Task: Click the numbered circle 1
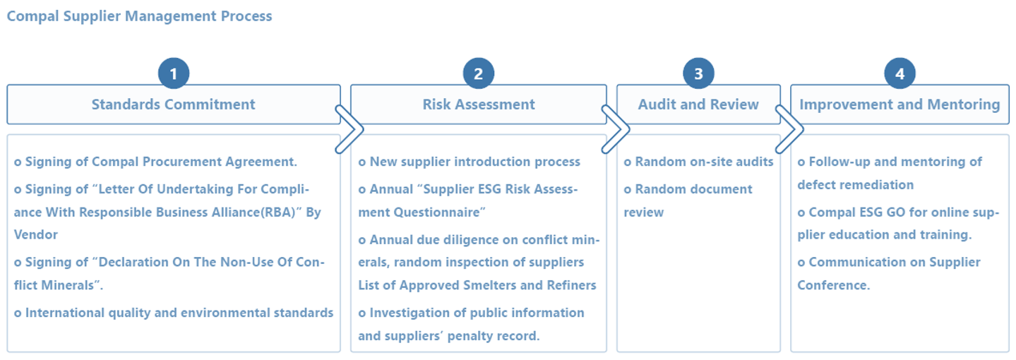(x=173, y=73)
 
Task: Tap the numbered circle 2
(x=478, y=73)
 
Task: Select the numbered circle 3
(x=698, y=73)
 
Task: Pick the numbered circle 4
(x=900, y=73)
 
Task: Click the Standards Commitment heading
(x=173, y=104)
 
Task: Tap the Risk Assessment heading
(x=479, y=104)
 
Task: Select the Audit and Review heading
(x=698, y=104)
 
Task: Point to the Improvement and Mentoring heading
(x=900, y=104)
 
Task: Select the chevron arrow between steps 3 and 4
(x=802, y=129)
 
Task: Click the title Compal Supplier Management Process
(x=139, y=16)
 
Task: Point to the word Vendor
(x=36, y=234)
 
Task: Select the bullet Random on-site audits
(x=698, y=162)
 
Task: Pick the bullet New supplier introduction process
(x=469, y=162)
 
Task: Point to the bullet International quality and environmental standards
(x=174, y=313)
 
